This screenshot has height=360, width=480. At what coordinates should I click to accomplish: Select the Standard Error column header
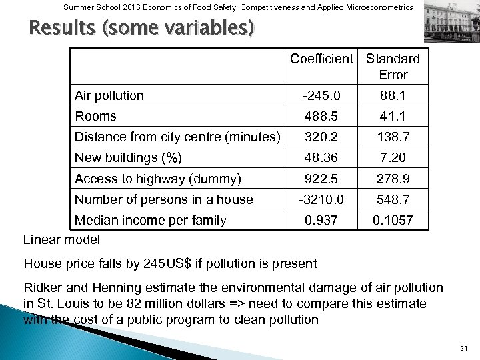pos(393,66)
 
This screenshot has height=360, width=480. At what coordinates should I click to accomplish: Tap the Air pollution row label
pos(109,95)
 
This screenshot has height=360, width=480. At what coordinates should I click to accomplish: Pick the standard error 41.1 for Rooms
pos(393,116)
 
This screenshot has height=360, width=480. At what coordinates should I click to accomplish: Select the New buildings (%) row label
pos(129,158)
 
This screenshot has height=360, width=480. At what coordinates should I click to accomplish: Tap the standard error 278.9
pos(393,179)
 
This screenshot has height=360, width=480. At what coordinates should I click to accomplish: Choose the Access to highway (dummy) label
pos(158,179)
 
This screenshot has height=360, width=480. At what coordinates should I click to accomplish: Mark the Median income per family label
pos(151,220)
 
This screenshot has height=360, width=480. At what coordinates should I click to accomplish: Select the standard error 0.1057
pos(393,220)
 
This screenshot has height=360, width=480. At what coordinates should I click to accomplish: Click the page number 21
pos(464,349)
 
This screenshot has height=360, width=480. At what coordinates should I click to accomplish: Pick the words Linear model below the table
pos(61,239)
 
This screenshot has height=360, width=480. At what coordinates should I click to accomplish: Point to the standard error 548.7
pos(393,199)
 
